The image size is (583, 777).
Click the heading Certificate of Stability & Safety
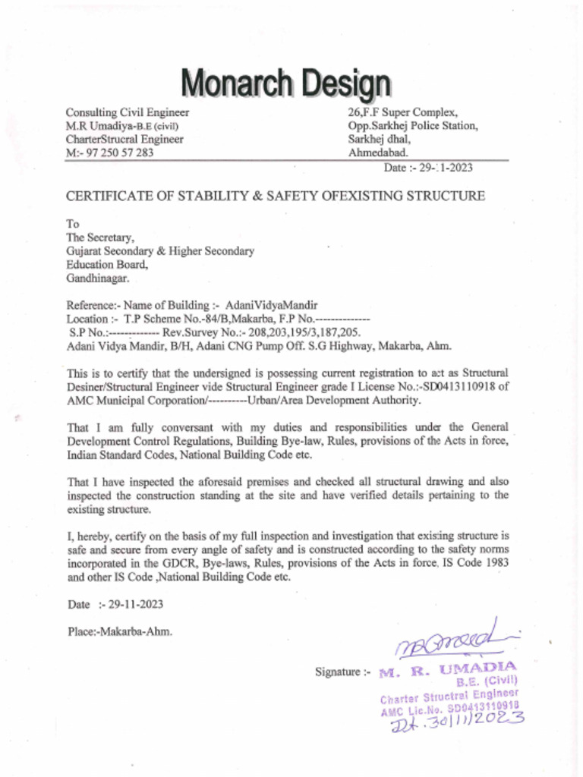tap(275, 196)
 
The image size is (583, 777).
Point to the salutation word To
tap(73, 224)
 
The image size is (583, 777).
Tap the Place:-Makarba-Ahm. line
tap(119, 631)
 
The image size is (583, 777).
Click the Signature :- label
tap(343, 672)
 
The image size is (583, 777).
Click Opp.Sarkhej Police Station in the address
tap(412, 125)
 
